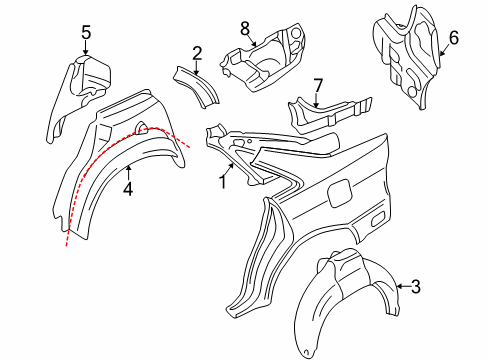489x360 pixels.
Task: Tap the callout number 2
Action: coord(197,52)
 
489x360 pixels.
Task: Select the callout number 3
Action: coord(416,288)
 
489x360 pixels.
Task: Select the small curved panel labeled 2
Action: coord(197,88)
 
